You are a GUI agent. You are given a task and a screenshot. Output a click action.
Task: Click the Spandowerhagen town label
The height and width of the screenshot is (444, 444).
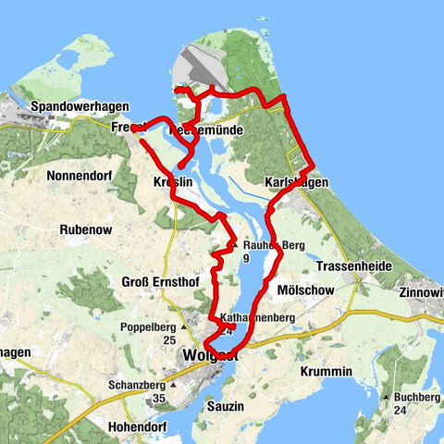coord(79,107)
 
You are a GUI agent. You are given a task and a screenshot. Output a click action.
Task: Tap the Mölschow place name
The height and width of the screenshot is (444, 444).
coord(304,290)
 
